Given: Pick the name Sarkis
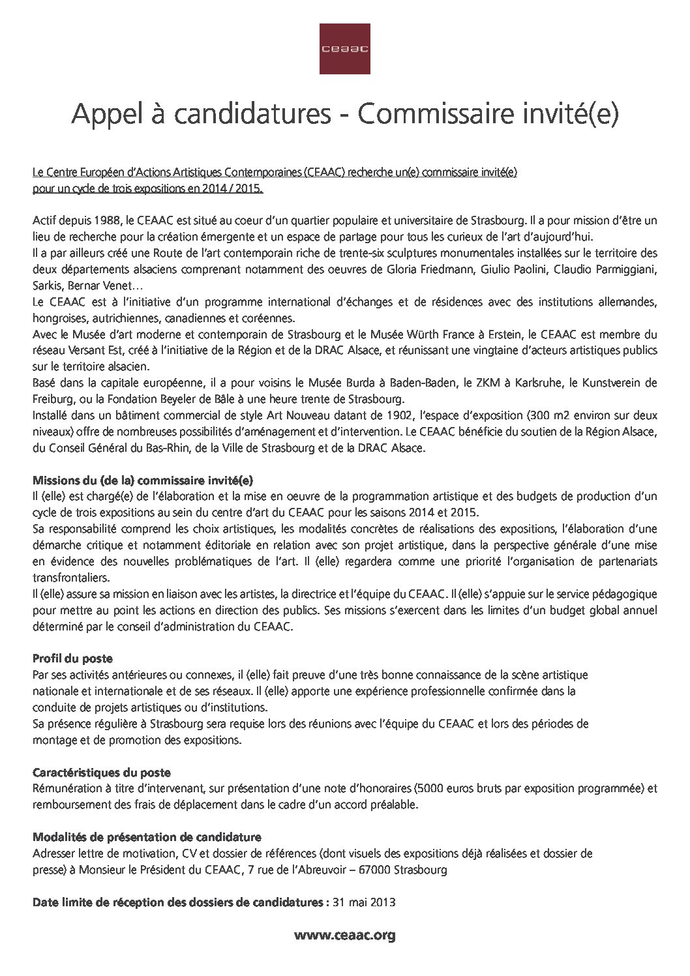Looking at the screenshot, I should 46,286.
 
